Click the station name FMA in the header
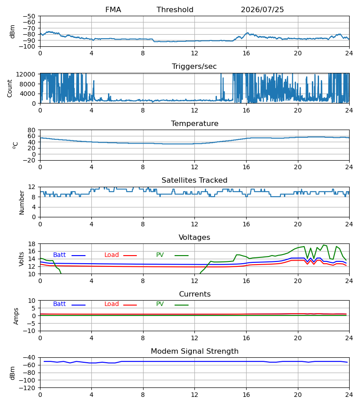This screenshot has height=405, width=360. click(113, 10)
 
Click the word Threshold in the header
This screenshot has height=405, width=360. click(175, 10)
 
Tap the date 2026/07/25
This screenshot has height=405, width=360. click(262, 10)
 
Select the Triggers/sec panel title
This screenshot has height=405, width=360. click(194, 67)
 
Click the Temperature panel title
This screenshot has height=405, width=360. click(194, 123)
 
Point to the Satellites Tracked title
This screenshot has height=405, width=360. click(194, 180)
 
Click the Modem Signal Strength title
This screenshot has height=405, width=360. click(194, 351)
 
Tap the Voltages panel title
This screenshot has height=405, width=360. click(194, 237)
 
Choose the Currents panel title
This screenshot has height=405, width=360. click(195, 294)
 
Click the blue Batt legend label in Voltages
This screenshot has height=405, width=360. click(59, 255)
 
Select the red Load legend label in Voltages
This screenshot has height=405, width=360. click(111, 255)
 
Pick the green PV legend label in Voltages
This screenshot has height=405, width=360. click(160, 255)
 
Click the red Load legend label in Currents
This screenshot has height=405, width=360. click(111, 304)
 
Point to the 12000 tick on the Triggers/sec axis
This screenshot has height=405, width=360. click(26, 74)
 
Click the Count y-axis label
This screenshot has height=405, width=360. click(10, 88)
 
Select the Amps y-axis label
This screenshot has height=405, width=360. click(16, 316)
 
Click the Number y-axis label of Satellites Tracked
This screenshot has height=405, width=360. click(22, 203)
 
